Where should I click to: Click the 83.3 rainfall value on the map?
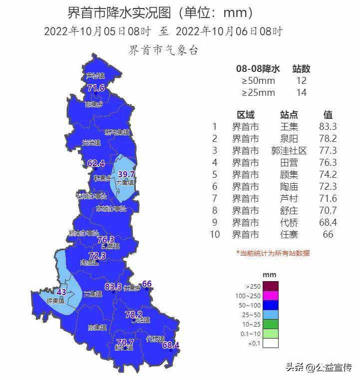[x=113, y=287]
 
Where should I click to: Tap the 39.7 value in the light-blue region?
[x=126, y=174]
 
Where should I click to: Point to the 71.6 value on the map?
[x=96, y=88]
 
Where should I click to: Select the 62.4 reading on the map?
[x=96, y=163]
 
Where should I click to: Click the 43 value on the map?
[x=62, y=292]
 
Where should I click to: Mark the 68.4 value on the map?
[x=170, y=345]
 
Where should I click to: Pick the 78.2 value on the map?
[x=133, y=315]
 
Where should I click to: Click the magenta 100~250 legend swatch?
[x=270, y=296]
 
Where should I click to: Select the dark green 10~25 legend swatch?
[x=270, y=324]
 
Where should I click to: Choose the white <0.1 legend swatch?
[x=270, y=343]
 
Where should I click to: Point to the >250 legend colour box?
[x=270, y=286]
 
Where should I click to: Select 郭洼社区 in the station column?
[x=289, y=150]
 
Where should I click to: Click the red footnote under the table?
[x=273, y=253]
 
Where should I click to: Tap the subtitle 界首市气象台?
[x=163, y=50]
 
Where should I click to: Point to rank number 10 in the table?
[x=216, y=235]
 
